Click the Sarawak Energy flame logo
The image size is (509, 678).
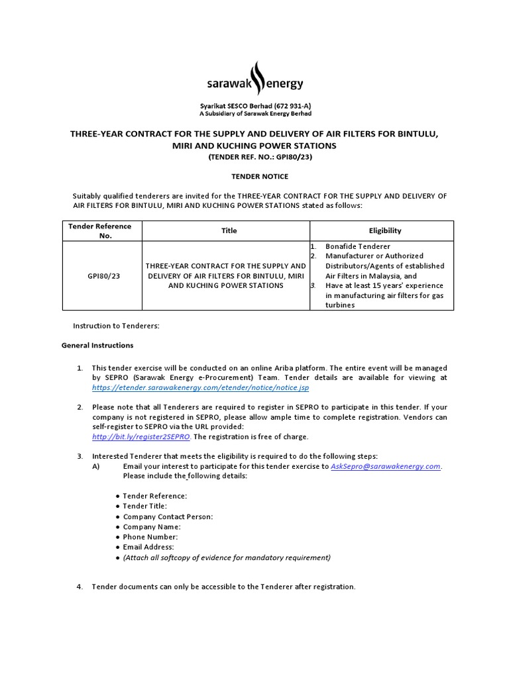pos(255,79)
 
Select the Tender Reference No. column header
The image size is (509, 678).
pos(100,230)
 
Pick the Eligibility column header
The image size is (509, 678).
pos(384,230)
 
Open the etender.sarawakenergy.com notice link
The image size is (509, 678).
pos(200,387)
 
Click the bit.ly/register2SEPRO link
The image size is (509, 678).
pos(141,437)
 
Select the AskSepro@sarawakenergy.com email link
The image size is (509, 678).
pos(385,466)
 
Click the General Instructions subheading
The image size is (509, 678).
pos(97,345)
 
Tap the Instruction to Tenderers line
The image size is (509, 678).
pos(116,326)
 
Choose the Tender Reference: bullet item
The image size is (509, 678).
pos(154,496)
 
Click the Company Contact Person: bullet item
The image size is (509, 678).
pos(168,516)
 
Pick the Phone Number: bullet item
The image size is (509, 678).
pos(150,537)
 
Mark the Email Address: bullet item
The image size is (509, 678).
pos(148,547)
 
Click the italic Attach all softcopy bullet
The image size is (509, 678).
pos(226,557)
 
